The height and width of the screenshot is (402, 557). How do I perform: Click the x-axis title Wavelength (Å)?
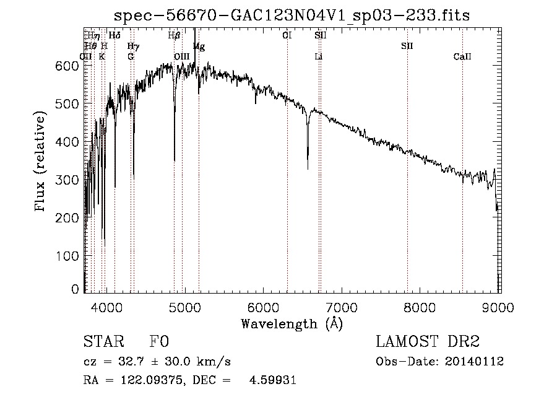pos(291,323)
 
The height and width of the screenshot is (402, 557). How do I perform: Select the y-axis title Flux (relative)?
pos(41,162)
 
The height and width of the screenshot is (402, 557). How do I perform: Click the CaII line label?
pos(462,56)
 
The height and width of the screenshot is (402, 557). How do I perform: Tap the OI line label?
pos(287,36)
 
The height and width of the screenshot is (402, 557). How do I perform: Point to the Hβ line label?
pos(174,36)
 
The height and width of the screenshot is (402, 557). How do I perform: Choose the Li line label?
pos(319,56)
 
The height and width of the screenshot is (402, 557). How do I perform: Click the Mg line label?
pos(199,46)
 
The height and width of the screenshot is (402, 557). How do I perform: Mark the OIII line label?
pos(182,56)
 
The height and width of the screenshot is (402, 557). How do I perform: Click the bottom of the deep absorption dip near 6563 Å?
pos(308,167)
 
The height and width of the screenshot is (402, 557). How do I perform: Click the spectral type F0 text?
pos(160,342)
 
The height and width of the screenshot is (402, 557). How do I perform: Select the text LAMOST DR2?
pos(428,342)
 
